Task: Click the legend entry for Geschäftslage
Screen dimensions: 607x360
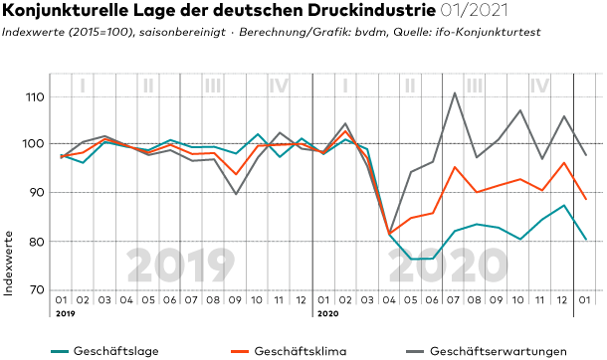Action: tap(104, 351)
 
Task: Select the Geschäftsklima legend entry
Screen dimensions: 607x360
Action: tap(289, 351)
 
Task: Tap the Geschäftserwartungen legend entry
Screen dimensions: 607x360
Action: tap(487, 351)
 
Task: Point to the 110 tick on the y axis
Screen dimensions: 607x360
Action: tap(36, 96)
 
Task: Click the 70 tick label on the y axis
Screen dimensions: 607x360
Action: tap(37, 289)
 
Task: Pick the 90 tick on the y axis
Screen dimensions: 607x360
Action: tap(37, 192)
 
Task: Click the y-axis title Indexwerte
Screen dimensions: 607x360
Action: tap(9, 264)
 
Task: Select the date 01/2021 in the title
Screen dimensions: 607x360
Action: tap(474, 10)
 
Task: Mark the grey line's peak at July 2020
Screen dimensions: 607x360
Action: tap(455, 92)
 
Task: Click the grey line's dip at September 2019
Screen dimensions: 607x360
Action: tap(236, 194)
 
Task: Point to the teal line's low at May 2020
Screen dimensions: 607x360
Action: tap(411, 259)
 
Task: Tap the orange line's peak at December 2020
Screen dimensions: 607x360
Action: tap(564, 163)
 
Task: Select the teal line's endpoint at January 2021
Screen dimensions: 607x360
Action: tap(586, 239)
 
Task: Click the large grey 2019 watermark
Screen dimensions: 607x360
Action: tap(181, 266)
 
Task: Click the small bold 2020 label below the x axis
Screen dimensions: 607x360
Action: tap(328, 313)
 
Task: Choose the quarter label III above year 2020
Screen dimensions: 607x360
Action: tap(475, 86)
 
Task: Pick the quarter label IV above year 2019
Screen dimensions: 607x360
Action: tap(279, 86)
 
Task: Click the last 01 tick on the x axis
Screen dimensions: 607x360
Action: tap(584, 299)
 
